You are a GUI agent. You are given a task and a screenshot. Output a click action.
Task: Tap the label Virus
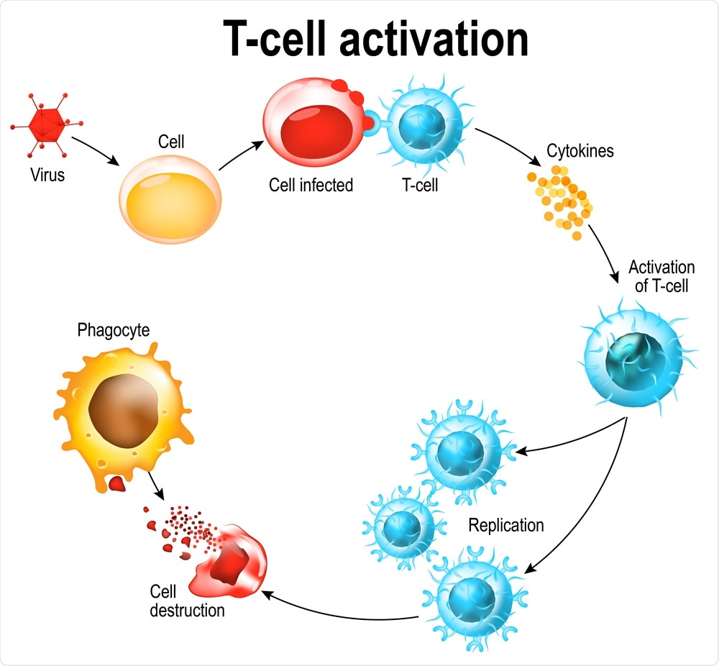coord(47,175)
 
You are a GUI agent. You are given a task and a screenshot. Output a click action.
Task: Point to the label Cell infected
coord(311,186)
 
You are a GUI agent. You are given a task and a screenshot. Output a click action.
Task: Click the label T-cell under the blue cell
coord(419,186)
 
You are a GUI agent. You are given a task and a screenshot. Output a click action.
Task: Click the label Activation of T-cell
coord(659,277)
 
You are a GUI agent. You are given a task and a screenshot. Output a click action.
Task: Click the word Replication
coord(506,525)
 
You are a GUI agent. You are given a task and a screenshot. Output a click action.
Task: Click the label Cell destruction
coord(187,601)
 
